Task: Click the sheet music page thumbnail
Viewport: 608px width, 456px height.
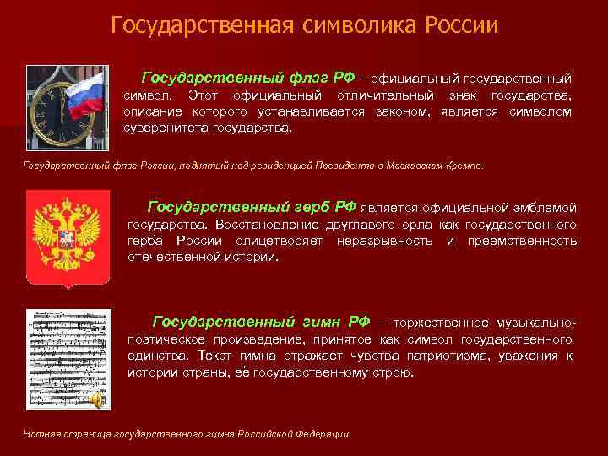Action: pos(62,360)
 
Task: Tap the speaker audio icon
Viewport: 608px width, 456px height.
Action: pos(99,399)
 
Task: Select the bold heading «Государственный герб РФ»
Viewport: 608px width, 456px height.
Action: pos(252,206)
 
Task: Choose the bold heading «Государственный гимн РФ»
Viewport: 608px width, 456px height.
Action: pos(261,322)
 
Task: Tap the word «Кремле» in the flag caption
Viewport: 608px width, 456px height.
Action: pos(464,166)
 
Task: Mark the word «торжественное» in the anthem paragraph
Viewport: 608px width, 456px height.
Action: pos(442,323)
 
